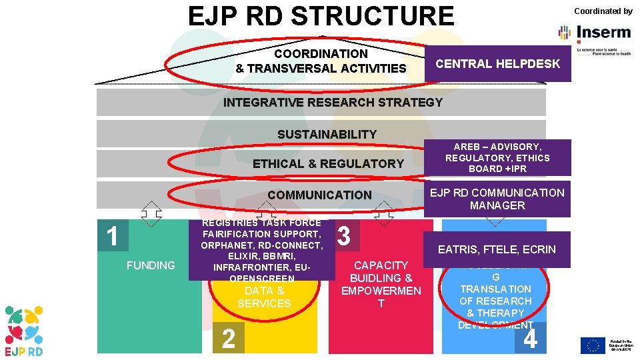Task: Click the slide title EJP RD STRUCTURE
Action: (x=321, y=16)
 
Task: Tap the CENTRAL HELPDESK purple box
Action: (x=497, y=64)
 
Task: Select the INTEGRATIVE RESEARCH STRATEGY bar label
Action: (x=333, y=103)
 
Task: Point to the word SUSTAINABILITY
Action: (x=327, y=135)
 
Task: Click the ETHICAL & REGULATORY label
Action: (x=328, y=164)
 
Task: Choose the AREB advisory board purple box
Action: (x=497, y=158)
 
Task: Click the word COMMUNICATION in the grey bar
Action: (x=319, y=195)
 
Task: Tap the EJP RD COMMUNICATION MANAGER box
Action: (x=497, y=199)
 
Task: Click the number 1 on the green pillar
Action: (x=113, y=236)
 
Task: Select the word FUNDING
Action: (x=151, y=265)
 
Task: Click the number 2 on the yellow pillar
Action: (x=228, y=339)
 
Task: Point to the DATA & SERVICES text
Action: (x=264, y=297)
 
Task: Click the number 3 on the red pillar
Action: (x=344, y=236)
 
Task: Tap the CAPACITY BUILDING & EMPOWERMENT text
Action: (x=381, y=284)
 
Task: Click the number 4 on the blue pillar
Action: (x=531, y=339)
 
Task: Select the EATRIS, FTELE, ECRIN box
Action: (x=497, y=250)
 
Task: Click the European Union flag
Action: (x=592, y=345)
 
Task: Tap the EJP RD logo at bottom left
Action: (x=25, y=330)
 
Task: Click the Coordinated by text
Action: (x=603, y=11)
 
